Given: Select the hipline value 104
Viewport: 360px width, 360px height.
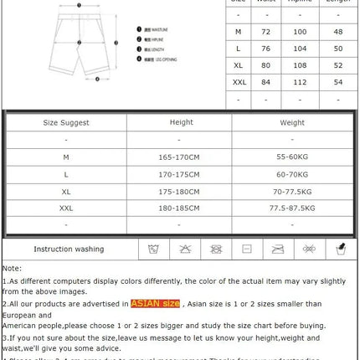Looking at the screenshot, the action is pos(300,49).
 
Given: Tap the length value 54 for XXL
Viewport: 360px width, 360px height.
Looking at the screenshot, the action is pos(337,82).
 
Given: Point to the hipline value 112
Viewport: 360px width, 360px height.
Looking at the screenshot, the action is pos(300,82).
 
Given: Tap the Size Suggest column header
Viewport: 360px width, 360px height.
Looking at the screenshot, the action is pos(66,122).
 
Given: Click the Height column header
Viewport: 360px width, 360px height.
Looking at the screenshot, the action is pos(181,122).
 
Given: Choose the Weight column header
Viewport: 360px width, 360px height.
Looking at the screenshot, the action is pos(292,122).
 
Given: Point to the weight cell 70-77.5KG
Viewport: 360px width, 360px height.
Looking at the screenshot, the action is pos(292,191).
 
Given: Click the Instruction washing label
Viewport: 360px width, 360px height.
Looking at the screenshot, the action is pos(69,249).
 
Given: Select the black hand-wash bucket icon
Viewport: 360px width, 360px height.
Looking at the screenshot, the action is pos(341,249).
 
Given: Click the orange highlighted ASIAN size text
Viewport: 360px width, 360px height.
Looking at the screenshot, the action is pos(155,304).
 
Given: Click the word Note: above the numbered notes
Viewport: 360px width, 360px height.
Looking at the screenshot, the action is pos(13,268).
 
